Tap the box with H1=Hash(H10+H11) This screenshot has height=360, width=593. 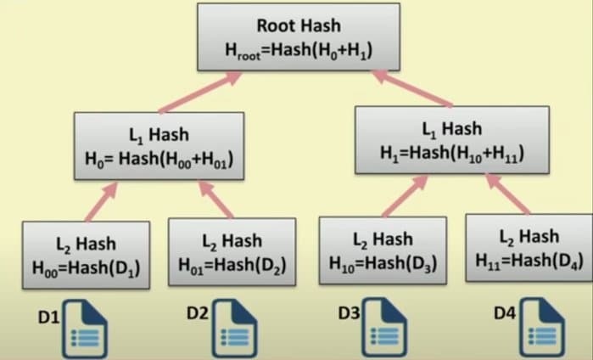450,141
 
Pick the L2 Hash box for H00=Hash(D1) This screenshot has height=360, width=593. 85,256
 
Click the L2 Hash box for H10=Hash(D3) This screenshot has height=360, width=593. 382,250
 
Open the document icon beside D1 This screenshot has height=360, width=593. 86,329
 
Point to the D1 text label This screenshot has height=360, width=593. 48,318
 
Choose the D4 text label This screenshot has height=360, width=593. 506,312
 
